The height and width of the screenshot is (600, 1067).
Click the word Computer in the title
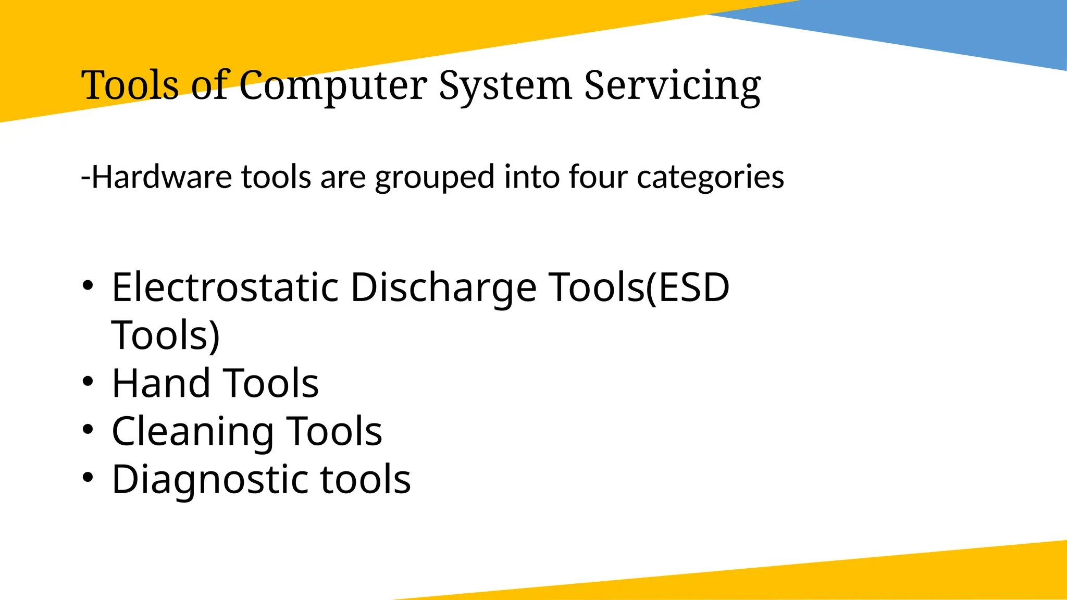(333, 86)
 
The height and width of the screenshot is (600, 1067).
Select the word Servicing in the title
(672, 86)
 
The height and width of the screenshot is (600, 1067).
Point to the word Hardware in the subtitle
(162, 177)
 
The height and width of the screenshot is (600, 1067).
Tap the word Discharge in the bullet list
(443, 289)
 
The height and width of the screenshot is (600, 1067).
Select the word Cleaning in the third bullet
(193, 432)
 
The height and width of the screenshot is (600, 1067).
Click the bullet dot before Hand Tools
(88, 381)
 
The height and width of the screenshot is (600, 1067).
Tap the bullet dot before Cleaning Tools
(88, 430)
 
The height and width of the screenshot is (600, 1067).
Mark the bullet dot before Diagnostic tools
(88, 478)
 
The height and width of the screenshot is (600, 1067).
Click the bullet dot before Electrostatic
(88, 285)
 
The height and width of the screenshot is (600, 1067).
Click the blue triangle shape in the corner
(964, 29)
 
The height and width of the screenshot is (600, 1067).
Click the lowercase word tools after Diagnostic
(365, 479)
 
